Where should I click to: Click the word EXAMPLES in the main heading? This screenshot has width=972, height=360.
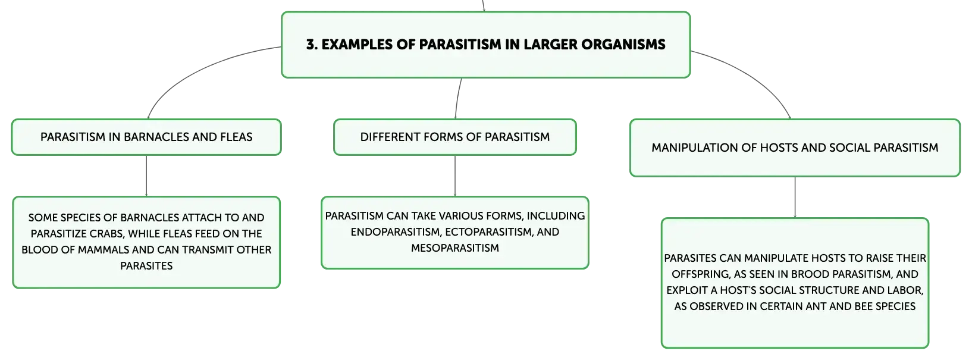[357, 44]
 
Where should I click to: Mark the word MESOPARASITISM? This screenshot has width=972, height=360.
[454, 248]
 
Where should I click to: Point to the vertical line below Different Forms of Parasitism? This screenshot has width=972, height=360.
[454, 176]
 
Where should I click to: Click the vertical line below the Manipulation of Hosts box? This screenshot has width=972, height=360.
[795, 197]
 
